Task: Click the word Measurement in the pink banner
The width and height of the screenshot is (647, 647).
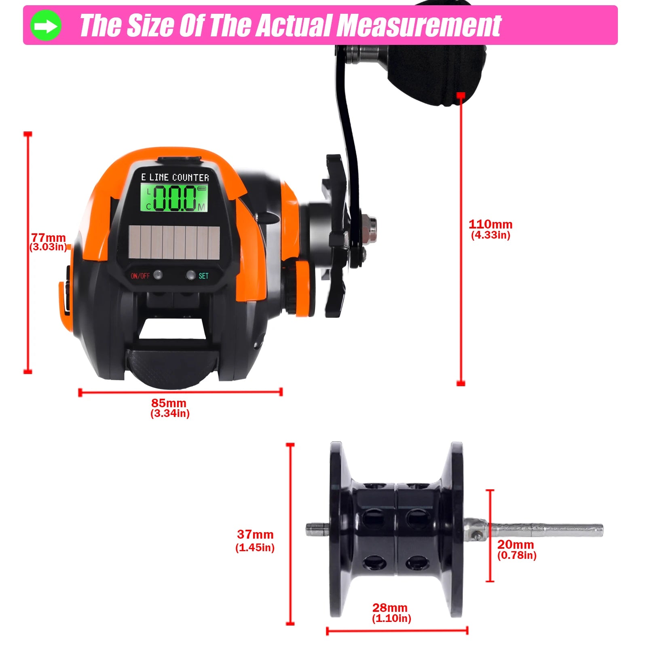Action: point(419,26)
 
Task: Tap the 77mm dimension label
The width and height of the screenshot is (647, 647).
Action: point(49,238)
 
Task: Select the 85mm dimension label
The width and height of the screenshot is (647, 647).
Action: point(169,403)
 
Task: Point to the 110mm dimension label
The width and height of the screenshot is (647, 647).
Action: point(490,224)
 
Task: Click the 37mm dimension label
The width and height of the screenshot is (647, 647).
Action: point(255,535)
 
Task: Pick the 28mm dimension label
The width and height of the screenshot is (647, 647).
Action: point(390,608)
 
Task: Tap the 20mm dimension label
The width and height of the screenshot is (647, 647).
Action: point(516,545)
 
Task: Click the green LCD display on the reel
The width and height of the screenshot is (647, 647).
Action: point(174,198)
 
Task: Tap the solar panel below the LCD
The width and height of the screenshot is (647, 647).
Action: point(174,242)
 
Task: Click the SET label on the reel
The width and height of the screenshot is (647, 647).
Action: point(203,276)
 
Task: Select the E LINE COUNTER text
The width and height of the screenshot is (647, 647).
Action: point(175,178)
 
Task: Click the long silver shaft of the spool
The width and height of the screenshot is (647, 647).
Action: point(546,530)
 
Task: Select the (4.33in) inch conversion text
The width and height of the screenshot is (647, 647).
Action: point(491,235)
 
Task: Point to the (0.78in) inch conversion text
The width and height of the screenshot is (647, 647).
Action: point(517,555)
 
